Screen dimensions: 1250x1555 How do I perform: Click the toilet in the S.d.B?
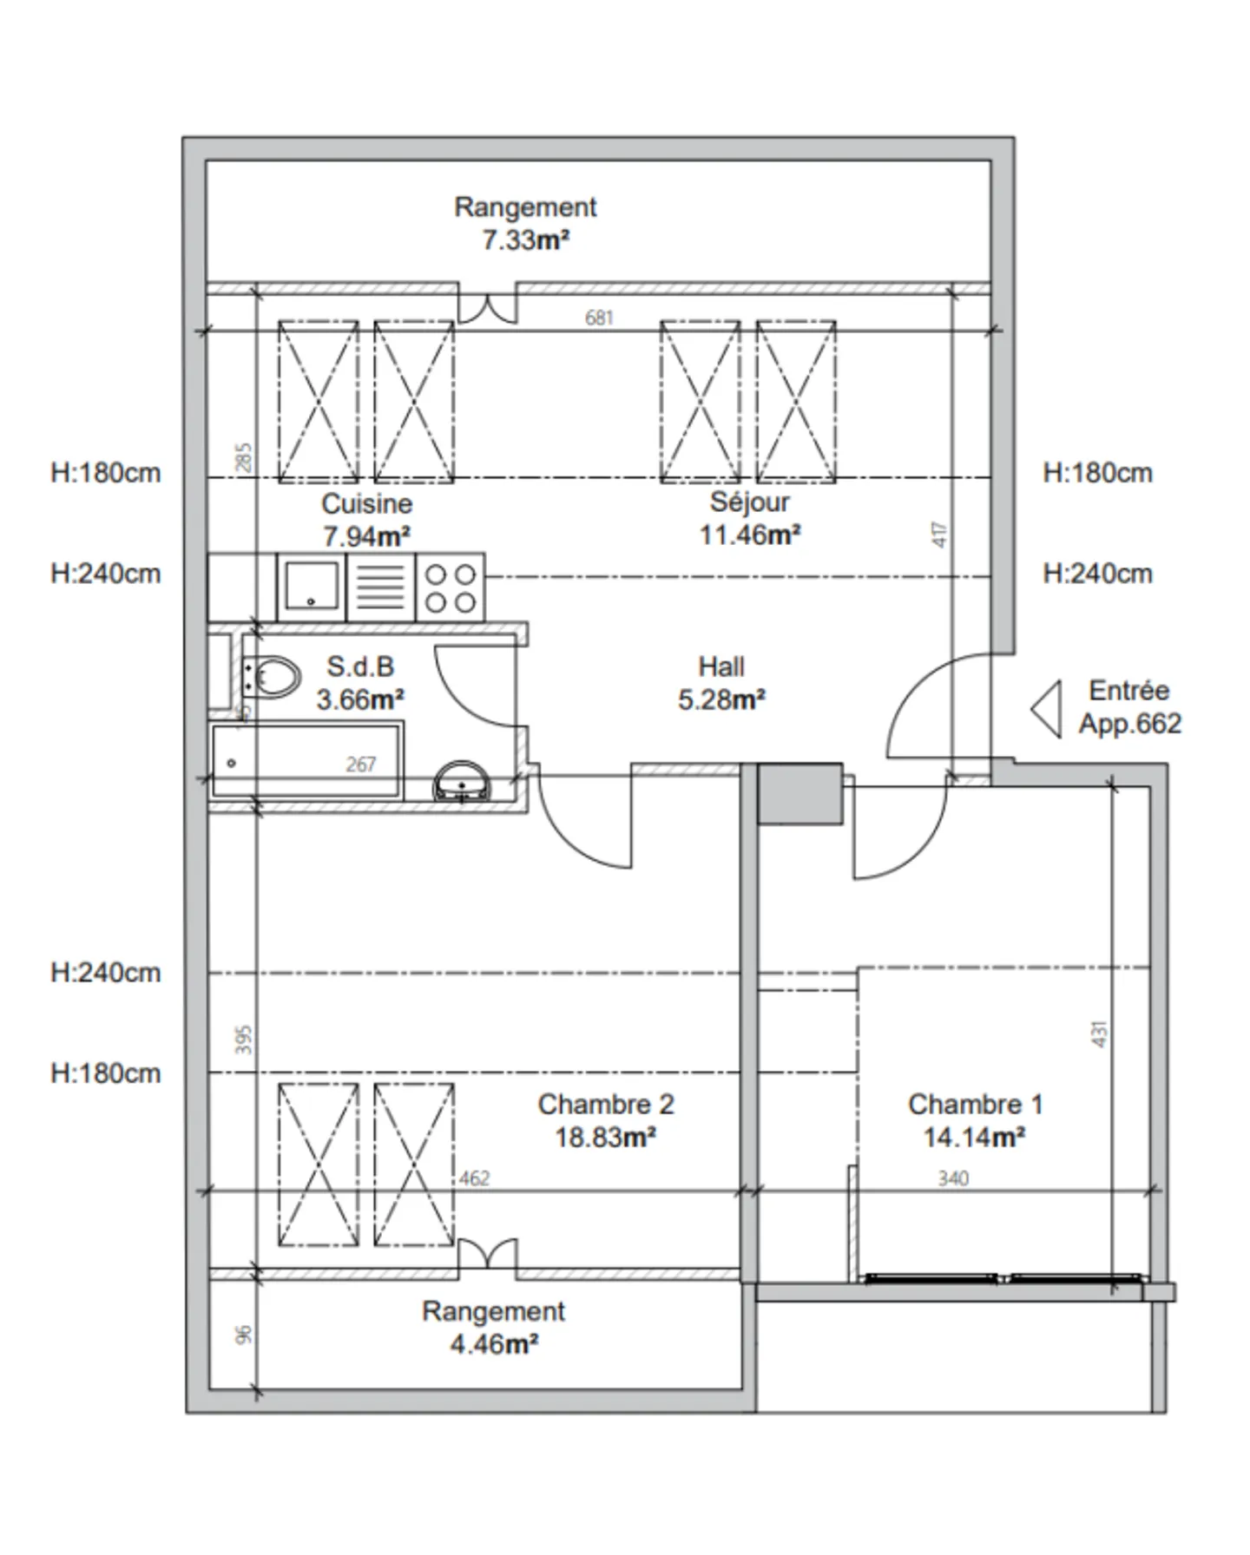tap(272, 677)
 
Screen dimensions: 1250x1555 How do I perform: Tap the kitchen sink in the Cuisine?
tap(310, 586)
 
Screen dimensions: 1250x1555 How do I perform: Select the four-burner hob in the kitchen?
tap(451, 587)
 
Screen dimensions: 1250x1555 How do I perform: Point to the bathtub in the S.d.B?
tap(306, 761)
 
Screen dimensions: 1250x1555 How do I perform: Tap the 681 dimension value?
tap(599, 318)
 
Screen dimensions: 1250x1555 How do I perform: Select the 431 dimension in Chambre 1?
tap(1100, 1033)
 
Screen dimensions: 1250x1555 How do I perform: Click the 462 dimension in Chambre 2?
tap(474, 1178)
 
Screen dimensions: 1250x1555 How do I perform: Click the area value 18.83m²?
tap(605, 1137)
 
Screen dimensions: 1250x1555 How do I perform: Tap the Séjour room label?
tap(750, 502)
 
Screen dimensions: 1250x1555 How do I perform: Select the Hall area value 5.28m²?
tap(721, 699)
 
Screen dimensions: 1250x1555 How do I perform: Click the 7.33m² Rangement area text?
tap(526, 239)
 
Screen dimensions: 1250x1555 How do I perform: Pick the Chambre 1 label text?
tap(975, 1104)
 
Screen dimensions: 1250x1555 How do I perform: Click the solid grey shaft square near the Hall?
tap(800, 793)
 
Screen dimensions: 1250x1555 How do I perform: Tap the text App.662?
tap(1130, 724)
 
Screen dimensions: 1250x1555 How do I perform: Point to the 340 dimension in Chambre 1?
tap(953, 1178)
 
